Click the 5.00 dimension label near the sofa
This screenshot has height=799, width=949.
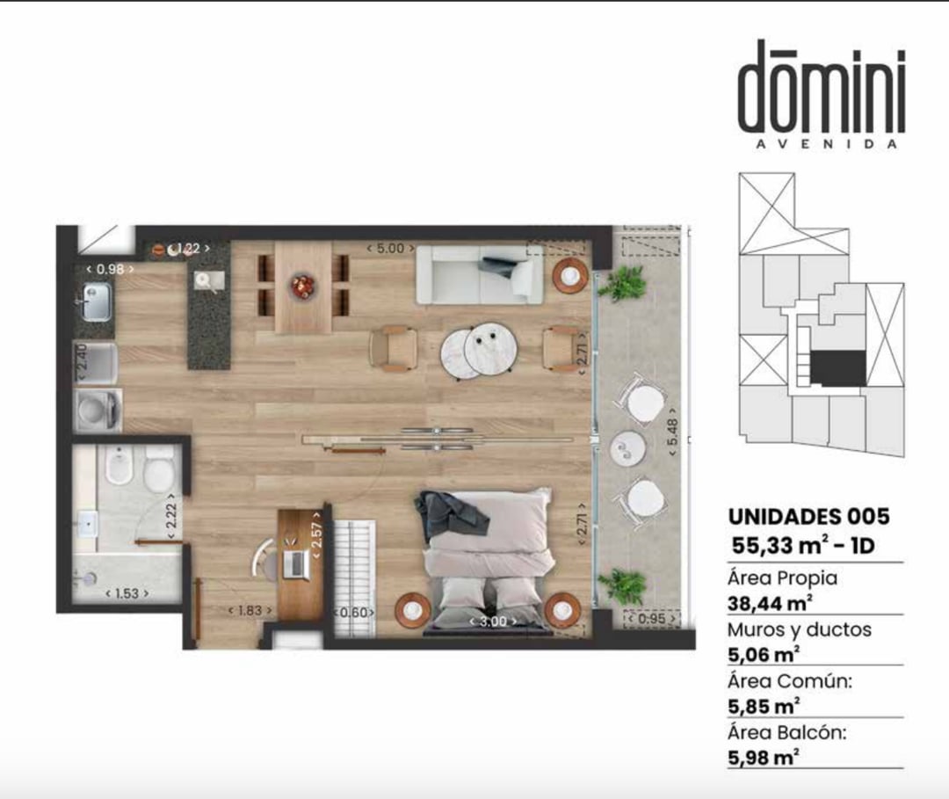tap(390, 248)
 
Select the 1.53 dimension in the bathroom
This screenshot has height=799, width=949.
tap(127, 594)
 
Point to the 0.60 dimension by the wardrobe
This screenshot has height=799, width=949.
tap(355, 613)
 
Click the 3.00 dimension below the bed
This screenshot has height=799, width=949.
tap(493, 621)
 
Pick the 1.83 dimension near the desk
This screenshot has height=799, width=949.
tap(250, 611)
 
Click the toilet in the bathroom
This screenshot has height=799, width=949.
tap(159, 469)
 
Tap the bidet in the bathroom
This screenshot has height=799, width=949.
tap(120, 466)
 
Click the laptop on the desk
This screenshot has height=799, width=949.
tap(297, 563)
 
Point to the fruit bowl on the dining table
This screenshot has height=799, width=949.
tap(302, 286)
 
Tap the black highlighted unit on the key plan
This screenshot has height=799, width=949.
tap(837, 367)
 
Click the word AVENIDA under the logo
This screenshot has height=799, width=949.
tap(827, 145)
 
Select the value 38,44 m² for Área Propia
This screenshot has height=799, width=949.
tap(769, 604)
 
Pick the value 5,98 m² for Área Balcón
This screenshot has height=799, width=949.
tap(764, 758)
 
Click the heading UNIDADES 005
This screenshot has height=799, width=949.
tap(809, 517)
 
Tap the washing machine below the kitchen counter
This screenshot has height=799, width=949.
tap(98, 410)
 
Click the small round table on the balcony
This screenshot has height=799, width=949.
tap(627, 448)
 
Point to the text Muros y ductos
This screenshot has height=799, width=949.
tap(800, 629)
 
